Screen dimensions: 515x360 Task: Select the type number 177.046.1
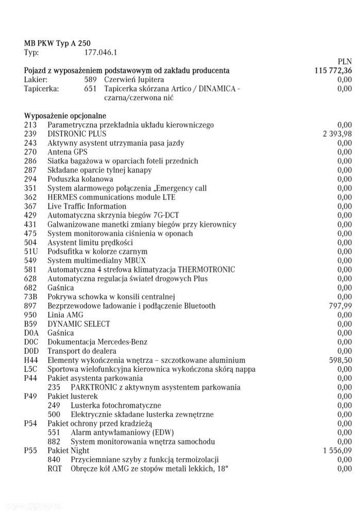tap(100, 53)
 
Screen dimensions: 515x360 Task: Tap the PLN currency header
tap(344, 62)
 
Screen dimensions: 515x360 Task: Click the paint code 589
tap(91, 80)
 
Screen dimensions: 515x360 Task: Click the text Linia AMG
tap(65, 315)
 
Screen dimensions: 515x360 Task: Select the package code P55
tap(31, 451)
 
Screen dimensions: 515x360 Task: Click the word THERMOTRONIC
tap(207, 270)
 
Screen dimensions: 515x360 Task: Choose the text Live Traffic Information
tap(87, 206)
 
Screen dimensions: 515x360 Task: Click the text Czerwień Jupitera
tap(134, 80)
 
